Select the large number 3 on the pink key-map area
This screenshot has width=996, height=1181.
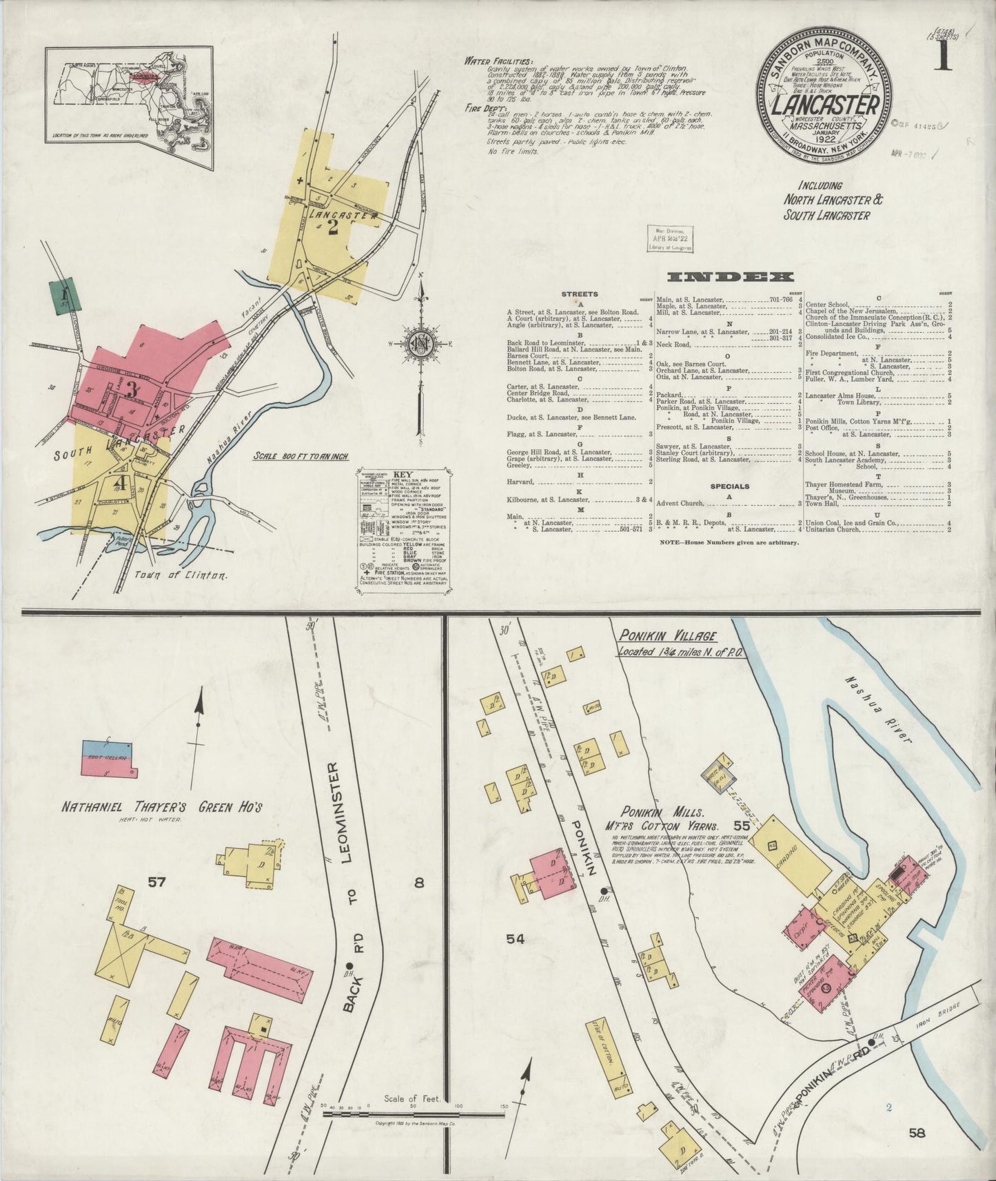pos(131,388)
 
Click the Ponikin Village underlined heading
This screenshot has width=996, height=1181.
pos(666,636)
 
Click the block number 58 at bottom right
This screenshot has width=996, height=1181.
pos(916,1131)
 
